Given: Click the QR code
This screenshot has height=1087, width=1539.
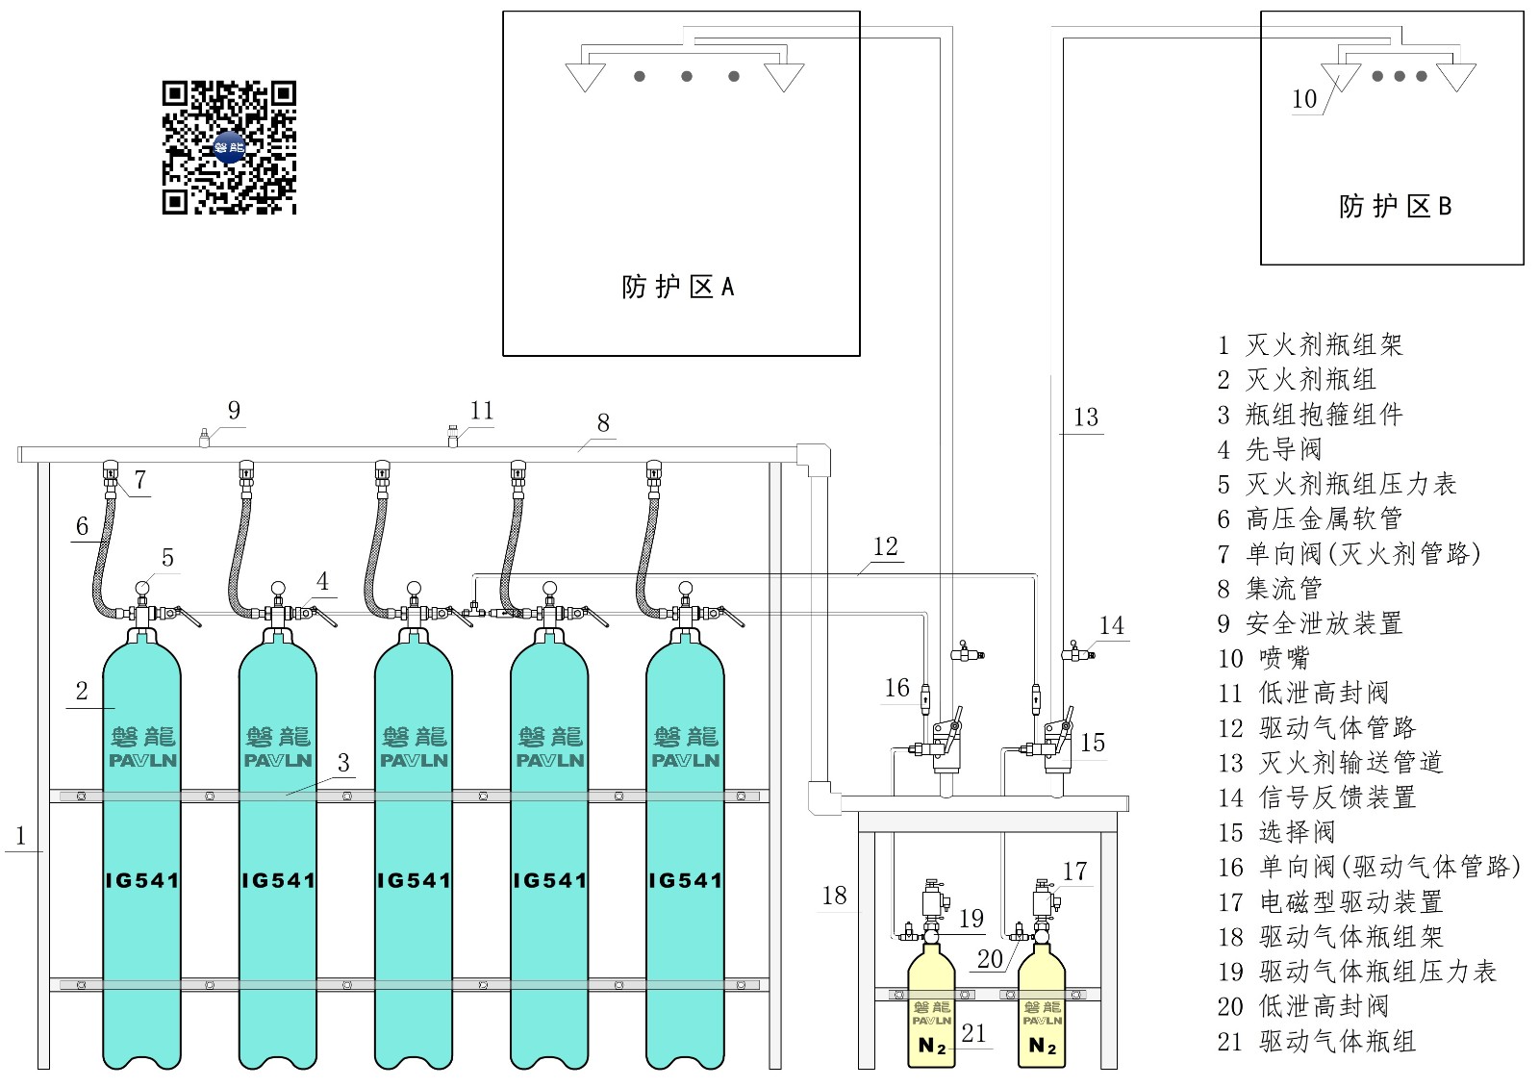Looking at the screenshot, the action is pos(229,148).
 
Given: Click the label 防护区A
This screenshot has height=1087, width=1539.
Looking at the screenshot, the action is pos(678,287).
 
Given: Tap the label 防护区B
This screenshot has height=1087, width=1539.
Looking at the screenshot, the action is pos(1396,206).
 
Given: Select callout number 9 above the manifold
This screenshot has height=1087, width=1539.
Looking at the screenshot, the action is pos(235,410).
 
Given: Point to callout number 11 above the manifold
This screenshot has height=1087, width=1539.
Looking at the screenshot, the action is pos(482,410).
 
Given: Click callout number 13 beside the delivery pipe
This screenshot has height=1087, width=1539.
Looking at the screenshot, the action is pos(1086,417).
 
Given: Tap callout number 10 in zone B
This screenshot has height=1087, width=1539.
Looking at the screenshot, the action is pos(1304,99).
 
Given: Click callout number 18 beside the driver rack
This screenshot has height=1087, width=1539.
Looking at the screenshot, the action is pos(835,896).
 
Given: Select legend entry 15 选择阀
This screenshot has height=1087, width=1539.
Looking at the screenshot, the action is pos(1276,832).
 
